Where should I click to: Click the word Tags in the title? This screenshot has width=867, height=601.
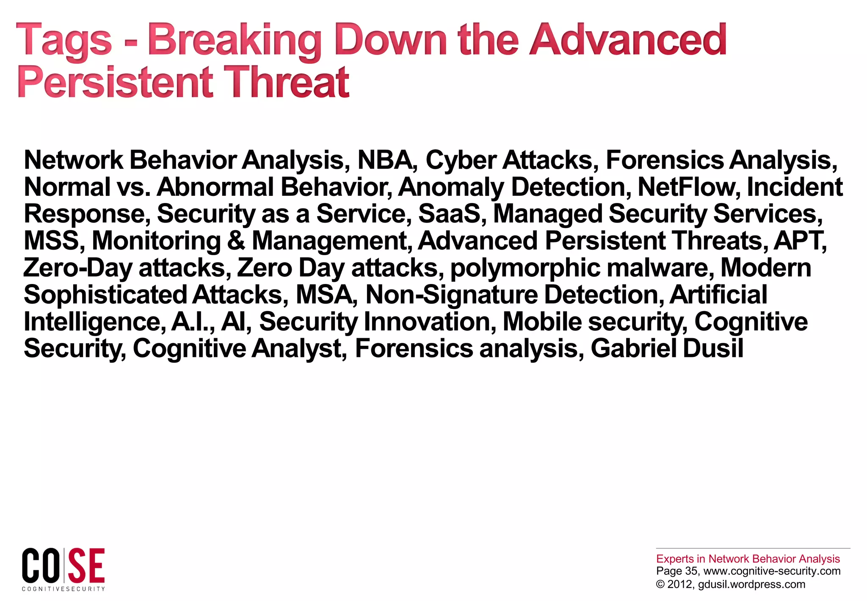click(64, 40)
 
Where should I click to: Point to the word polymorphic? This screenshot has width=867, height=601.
click(525, 268)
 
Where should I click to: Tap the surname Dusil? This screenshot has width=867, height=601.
click(713, 348)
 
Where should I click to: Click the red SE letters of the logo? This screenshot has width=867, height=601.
click(86, 566)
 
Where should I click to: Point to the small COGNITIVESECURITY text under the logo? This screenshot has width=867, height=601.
click(64, 589)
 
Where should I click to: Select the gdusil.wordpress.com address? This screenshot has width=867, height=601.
click(751, 584)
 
